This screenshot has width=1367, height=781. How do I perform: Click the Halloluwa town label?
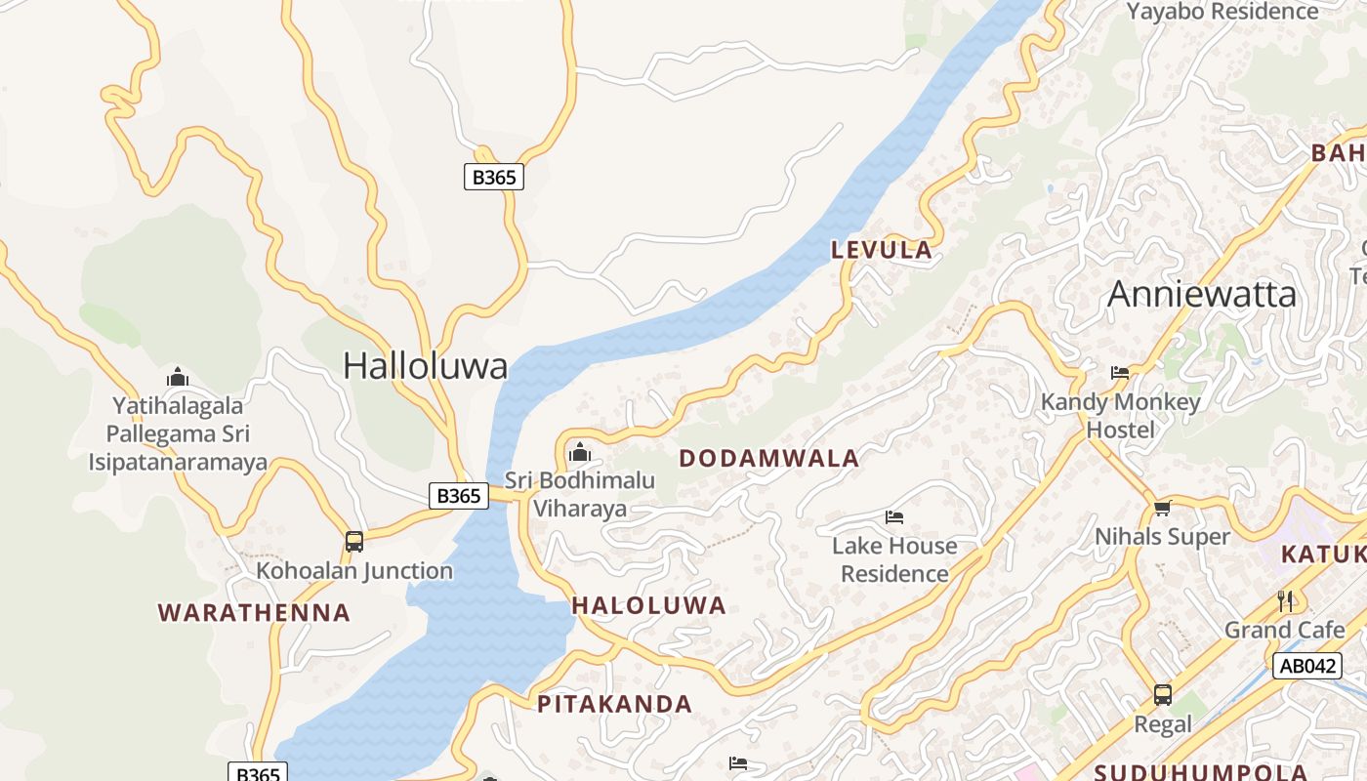pyautogui.click(x=425, y=366)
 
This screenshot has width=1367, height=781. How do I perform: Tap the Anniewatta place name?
pyautogui.click(x=1202, y=294)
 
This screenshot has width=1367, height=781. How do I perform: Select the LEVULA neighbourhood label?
pyautogui.click(x=882, y=250)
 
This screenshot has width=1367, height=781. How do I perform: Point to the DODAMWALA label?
pyautogui.click(x=768, y=458)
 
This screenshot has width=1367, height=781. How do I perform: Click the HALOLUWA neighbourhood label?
pyautogui.click(x=648, y=605)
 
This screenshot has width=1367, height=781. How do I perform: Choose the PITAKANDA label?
pyautogui.click(x=614, y=704)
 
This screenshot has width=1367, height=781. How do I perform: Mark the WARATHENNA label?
pyautogui.click(x=254, y=613)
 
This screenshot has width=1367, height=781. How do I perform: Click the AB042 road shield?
pyautogui.click(x=1306, y=666)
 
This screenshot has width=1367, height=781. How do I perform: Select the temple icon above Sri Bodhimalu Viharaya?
pyautogui.click(x=579, y=452)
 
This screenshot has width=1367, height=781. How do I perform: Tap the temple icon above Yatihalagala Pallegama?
pyautogui.click(x=177, y=377)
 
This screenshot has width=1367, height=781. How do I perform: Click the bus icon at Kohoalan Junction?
pyautogui.click(x=354, y=542)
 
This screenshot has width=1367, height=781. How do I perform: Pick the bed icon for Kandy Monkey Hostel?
pyautogui.click(x=1120, y=373)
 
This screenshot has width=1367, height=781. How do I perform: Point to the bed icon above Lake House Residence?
pyautogui.click(x=894, y=517)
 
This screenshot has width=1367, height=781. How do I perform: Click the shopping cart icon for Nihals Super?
pyautogui.click(x=1162, y=508)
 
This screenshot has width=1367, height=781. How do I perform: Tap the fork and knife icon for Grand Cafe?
pyautogui.click(x=1285, y=600)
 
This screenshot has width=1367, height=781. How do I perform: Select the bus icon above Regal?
pyautogui.click(x=1162, y=695)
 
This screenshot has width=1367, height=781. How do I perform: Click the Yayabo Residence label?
pyautogui.click(x=1222, y=12)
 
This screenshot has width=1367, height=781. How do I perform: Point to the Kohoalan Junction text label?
pyautogui.click(x=354, y=570)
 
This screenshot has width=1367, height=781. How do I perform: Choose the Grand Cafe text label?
pyautogui.click(x=1285, y=630)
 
